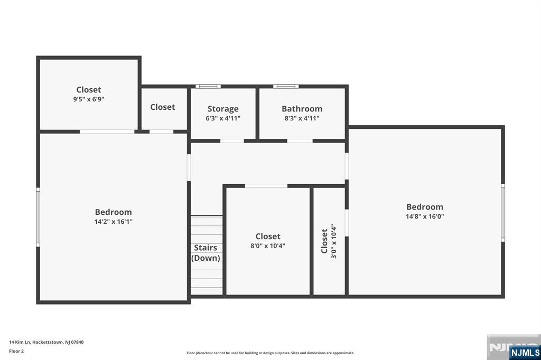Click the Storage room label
[x=222, y=109]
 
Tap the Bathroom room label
[x=302, y=109]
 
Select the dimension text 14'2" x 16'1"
[x=113, y=222]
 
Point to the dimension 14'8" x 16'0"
[x=425, y=216]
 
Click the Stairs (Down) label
[x=206, y=253]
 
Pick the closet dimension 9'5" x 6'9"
[x=89, y=99]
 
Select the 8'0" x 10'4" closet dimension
[x=268, y=245]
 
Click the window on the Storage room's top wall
[x=208, y=86]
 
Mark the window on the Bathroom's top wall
[x=286, y=86]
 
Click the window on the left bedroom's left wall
[x=38, y=217]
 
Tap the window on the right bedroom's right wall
[x=502, y=213]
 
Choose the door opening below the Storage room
[x=232, y=141]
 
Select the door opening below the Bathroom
[x=300, y=141]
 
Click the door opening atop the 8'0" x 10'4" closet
[x=266, y=186]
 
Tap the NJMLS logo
[x=525, y=352]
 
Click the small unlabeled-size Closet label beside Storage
[x=163, y=107]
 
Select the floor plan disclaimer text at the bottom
[x=270, y=353]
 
